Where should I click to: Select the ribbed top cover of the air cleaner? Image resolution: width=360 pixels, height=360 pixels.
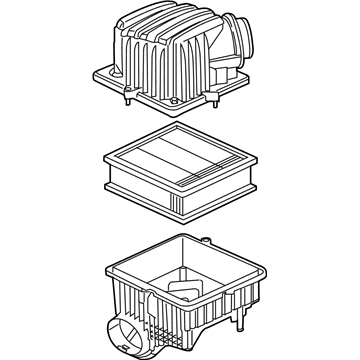pos(170,55)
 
